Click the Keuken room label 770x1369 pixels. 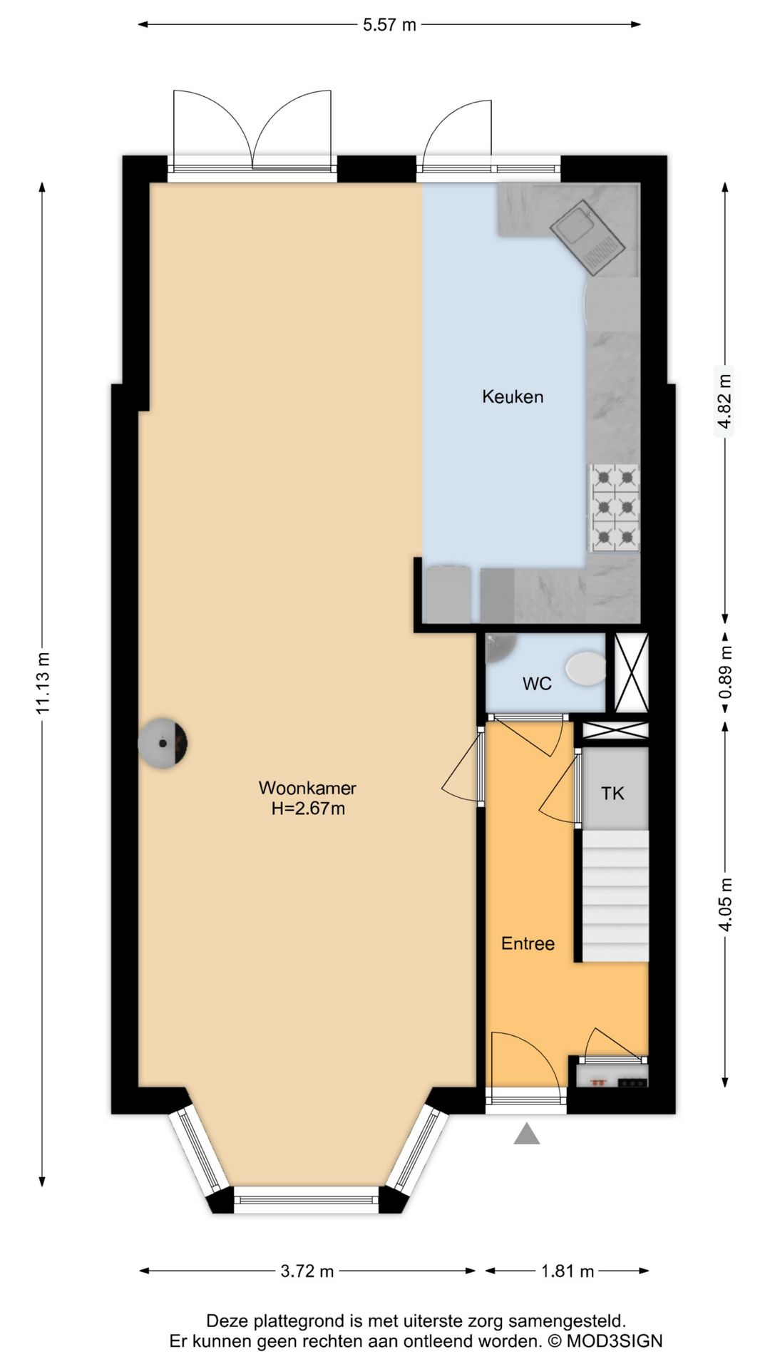[513, 396]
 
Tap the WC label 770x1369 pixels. [537, 684]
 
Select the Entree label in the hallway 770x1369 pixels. [528, 943]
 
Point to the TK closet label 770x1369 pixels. [612, 793]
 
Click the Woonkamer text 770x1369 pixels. [307, 788]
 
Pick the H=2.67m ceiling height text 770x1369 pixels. [308, 809]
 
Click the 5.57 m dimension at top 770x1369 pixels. [389, 25]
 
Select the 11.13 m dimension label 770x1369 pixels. [43, 682]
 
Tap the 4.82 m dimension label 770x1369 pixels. [724, 401]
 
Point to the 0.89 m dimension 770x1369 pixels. [725, 672]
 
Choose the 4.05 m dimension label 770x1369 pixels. [725, 904]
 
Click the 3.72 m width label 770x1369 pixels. [307, 1271]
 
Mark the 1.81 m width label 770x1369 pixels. [568, 1271]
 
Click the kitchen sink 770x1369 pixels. [587, 237]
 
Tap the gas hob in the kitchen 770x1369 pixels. [614, 508]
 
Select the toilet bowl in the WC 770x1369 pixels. [586, 668]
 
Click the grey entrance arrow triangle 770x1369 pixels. [527, 1133]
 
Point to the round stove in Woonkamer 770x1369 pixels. [163, 743]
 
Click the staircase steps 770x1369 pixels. [616, 896]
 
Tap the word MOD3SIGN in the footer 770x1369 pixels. [615, 1341]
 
